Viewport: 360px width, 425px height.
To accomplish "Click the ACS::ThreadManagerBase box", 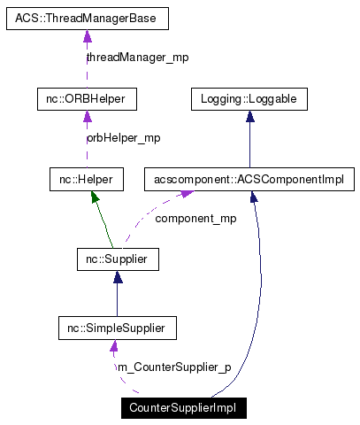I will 87,18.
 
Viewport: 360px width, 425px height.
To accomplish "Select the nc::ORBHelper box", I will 87,98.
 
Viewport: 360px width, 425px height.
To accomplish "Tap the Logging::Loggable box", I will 249,98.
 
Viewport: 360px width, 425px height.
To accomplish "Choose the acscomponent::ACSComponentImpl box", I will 249,180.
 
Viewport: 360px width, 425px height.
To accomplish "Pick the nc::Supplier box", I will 117,260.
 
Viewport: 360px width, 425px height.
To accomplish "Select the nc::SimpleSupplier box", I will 117,328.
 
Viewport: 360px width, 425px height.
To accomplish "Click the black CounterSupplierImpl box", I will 183,408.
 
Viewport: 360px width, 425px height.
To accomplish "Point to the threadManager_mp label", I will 137,58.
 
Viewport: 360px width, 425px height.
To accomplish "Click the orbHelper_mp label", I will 123,138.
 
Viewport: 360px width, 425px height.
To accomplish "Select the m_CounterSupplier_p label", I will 173,367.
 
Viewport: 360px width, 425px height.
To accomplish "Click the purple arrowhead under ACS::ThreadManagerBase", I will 87,36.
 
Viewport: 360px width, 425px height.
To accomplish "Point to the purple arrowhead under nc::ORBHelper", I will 87,117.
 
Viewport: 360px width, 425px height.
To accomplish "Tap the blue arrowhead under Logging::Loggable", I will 249,117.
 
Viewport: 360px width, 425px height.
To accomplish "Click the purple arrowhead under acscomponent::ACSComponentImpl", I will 188,197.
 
